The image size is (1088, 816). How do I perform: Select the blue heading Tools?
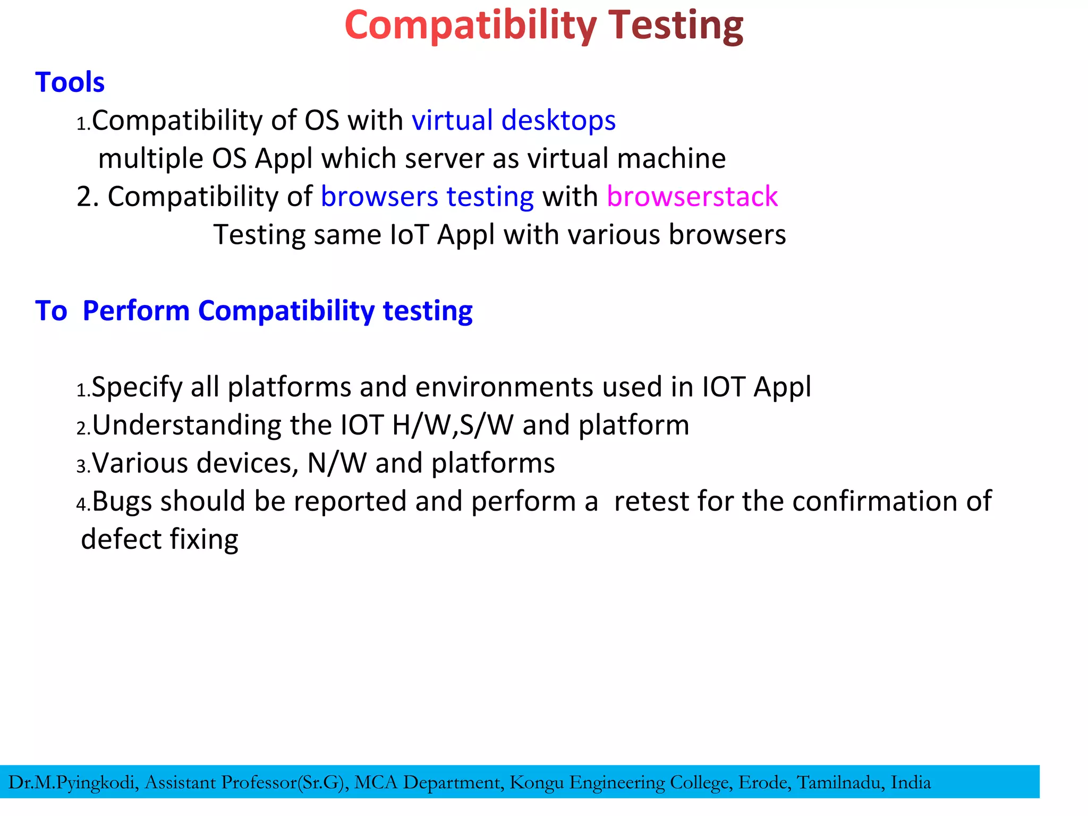[x=70, y=82]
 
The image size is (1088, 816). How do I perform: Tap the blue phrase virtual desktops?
[x=514, y=120]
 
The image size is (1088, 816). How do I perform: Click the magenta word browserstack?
[x=692, y=197]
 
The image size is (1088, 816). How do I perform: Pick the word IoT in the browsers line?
[x=409, y=235]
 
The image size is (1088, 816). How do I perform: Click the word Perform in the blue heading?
[x=136, y=311]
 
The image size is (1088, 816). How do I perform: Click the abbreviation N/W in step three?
[x=337, y=463]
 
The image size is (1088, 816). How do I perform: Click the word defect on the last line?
[x=122, y=539]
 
